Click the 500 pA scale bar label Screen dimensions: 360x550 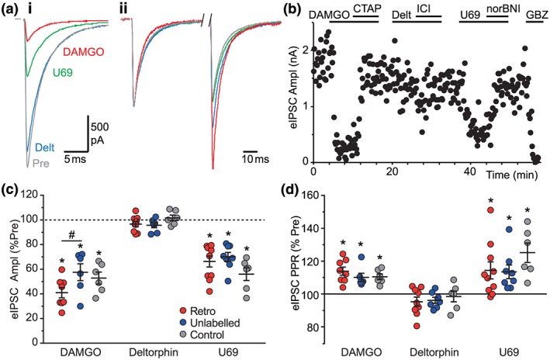point(99,133)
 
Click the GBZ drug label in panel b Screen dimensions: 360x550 point(534,16)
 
